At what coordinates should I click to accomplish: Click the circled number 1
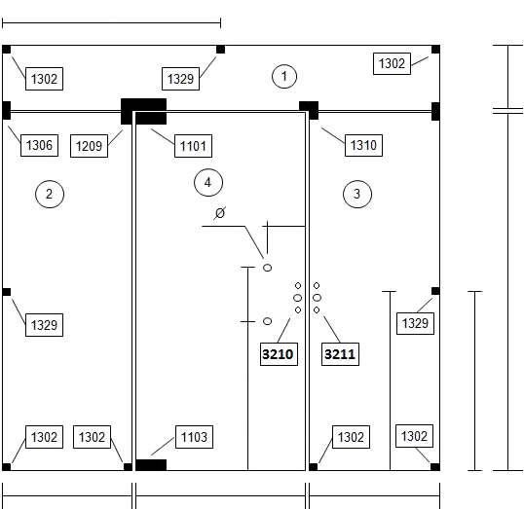[x=284, y=77]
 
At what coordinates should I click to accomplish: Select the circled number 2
[x=50, y=194]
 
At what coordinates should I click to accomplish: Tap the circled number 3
[x=357, y=194]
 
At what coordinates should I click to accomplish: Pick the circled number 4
[x=208, y=182]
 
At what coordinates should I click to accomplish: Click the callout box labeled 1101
[x=193, y=146]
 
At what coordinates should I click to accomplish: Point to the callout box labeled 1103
[x=194, y=437]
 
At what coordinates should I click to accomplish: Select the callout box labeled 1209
[x=89, y=146]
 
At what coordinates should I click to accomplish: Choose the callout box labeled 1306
[x=39, y=145]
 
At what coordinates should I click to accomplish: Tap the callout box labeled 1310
[x=363, y=145]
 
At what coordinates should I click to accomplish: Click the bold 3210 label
[x=279, y=354]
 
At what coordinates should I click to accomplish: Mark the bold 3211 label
[x=340, y=354]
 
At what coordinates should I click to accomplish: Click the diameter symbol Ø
[x=220, y=213]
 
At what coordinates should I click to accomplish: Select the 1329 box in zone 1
[x=180, y=79]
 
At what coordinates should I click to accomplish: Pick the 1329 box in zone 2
[x=44, y=325]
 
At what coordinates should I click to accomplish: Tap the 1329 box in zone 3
[x=415, y=323]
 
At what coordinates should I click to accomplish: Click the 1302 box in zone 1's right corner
[x=392, y=63]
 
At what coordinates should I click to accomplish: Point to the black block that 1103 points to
[x=151, y=465]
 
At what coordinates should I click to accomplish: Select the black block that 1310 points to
[x=309, y=110]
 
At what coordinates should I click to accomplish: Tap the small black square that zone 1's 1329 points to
[x=220, y=50]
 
